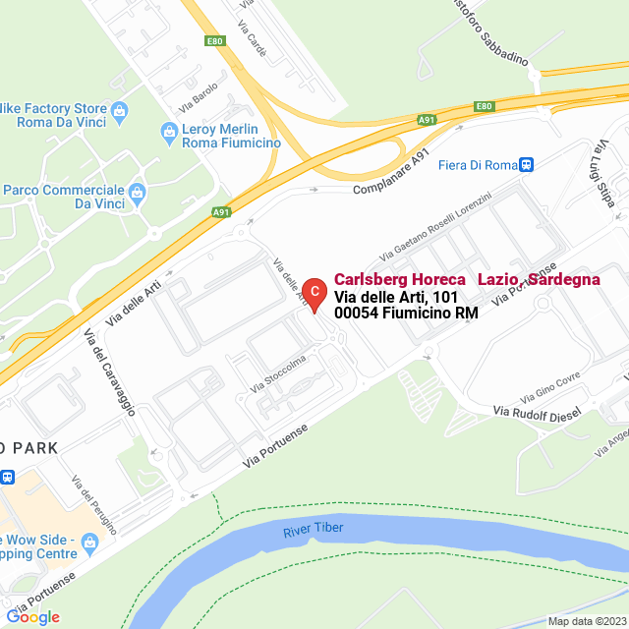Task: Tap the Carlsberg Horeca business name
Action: (x=467, y=279)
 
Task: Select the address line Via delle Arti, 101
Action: (x=395, y=297)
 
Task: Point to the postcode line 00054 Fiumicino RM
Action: (x=406, y=314)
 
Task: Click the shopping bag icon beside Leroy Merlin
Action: (x=167, y=131)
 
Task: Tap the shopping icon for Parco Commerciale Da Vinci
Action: (x=137, y=190)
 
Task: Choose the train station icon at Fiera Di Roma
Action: (x=527, y=164)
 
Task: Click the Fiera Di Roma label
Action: (x=477, y=164)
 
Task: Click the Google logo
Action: (x=32, y=617)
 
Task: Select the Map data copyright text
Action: (x=587, y=621)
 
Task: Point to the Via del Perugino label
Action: (x=94, y=502)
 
